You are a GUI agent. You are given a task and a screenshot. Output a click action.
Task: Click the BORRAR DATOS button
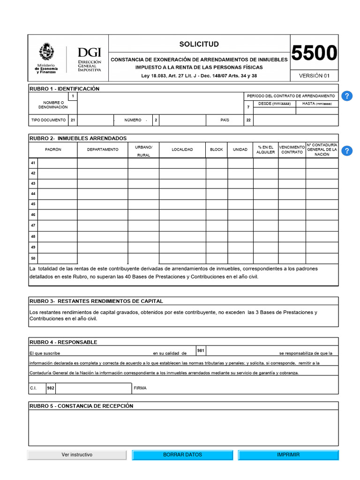click(x=182, y=455)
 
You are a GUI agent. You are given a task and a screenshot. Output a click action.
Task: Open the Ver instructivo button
click(x=77, y=455)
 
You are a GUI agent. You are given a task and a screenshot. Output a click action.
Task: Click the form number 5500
click(x=314, y=53)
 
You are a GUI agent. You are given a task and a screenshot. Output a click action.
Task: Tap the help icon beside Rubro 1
click(x=346, y=96)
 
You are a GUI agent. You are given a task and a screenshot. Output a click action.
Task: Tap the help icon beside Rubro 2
click(x=346, y=150)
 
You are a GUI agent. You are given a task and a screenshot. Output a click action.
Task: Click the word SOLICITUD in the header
click(x=199, y=44)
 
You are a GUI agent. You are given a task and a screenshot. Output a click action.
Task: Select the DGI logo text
click(x=89, y=52)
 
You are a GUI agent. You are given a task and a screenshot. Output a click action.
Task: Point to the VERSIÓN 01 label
click(x=314, y=75)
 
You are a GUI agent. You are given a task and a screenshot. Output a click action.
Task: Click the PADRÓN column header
click(x=53, y=150)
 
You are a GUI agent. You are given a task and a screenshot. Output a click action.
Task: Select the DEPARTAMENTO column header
click(x=102, y=150)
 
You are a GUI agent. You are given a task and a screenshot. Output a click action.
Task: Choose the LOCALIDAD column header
click(x=182, y=150)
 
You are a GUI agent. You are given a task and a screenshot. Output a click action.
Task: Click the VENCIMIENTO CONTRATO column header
click(x=292, y=150)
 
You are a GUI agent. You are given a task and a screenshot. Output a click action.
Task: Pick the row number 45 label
click(x=33, y=204)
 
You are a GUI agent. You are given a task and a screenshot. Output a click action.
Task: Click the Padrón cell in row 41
click(x=57, y=163)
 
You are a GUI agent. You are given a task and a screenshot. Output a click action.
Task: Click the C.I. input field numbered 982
click(x=93, y=388)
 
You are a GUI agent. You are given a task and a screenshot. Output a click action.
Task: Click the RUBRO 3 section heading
click(x=96, y=301)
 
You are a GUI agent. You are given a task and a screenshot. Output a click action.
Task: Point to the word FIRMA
click(x=140, y=388)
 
